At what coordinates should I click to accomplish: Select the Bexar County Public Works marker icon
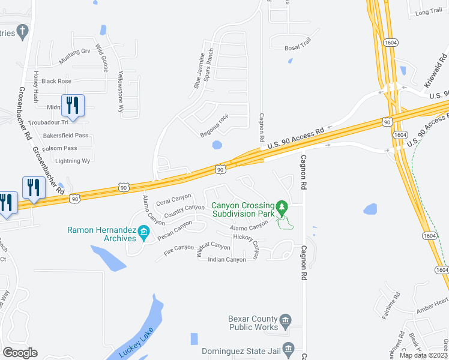coord(286,319)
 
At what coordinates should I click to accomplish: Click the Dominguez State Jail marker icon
coord(289,348)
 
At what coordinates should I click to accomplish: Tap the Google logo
coord(20,353)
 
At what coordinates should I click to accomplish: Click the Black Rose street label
coord(56,81)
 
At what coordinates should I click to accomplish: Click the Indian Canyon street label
coord(227,259)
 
